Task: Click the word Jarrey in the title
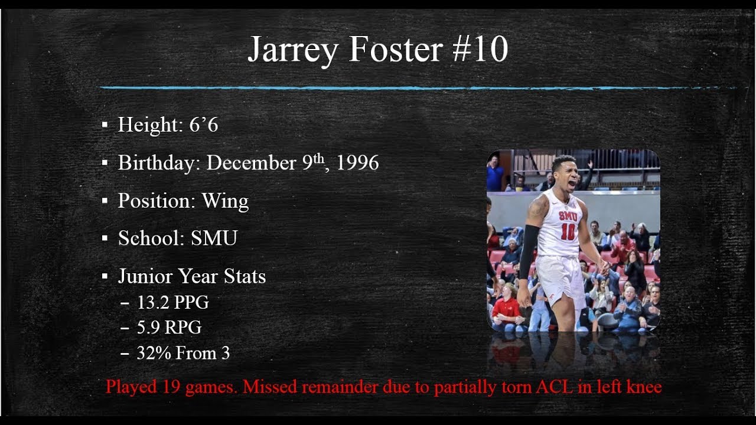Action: [x=292, y=50]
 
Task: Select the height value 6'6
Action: [x=204, y=125]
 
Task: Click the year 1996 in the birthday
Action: [x=357, y=163]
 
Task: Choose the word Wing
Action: [x=225, y=201]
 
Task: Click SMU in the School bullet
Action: [x=214, y=238]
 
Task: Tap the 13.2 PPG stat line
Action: [x=172, y=303]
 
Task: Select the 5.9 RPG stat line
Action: [x=169, y=328]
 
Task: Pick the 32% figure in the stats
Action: [x=151, y=353]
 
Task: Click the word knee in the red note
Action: [x=643, y=387]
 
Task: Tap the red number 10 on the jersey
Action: [x=568, y=232]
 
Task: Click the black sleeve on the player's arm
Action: [x=528, y=251]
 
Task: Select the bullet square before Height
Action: [x=105, y=125]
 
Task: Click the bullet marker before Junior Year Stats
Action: [x=105, y=276]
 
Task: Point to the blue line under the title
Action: [x=413, y=88]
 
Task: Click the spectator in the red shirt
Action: [x=505, y=310]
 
